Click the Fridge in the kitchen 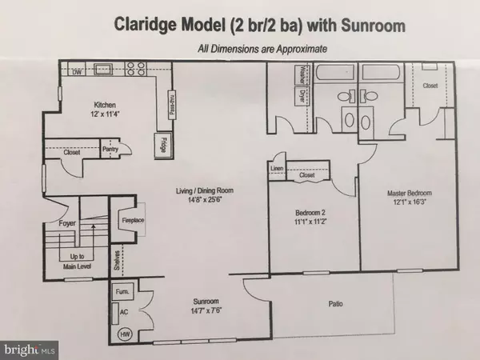(x=162, y=146)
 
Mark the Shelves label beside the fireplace (x=116, y=259)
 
